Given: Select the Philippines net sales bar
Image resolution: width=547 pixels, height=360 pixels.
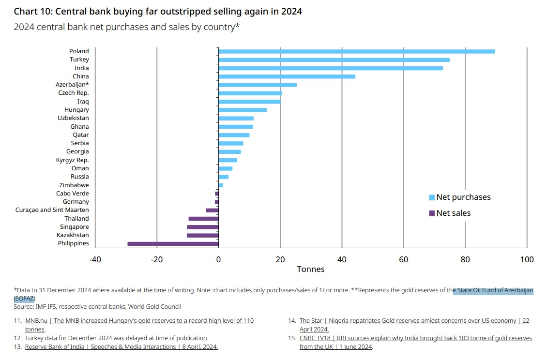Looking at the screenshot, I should pyautogui.click(x=173, y=243).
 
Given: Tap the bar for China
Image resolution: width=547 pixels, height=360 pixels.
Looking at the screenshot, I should pyautogui.click(x=287, y=76).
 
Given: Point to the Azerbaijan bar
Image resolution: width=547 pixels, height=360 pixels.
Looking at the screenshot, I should pyautogui.click(x=258, y=85).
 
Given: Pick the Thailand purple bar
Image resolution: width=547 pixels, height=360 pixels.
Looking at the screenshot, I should pyautogui.click(x=204, y=219).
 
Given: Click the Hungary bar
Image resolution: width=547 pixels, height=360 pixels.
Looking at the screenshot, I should pyautogui.click(x=243, y=110).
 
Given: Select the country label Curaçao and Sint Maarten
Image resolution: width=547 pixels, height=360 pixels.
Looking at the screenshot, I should pyautogui.click(x=52, y=210).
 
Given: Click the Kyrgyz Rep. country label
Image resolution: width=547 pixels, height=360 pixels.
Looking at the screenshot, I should pyautogui.click(x=73, y=160).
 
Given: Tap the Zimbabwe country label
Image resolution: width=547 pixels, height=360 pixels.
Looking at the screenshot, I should pyautogui.click(x=74, y=185).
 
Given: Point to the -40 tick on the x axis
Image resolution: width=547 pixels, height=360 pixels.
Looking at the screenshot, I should pyautogui.click(x=95, y=260).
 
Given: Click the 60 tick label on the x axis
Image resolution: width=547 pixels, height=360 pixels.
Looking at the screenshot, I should pyautogui.click(x=403, y=260).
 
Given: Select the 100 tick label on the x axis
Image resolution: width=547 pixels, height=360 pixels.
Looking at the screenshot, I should pyautogui.click(x=527, y=260).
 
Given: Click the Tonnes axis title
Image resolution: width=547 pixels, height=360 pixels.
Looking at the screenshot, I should pyautogui.click(x=311, y=270).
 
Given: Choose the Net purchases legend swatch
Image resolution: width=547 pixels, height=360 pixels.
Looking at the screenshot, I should pyautogui.click(x=431, y=197).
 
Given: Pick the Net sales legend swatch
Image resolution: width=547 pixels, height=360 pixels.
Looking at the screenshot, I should pyautogui.click(x=431, y=213).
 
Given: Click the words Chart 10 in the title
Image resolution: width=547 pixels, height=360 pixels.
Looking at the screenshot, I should pyautogui.click(x=31, y=11).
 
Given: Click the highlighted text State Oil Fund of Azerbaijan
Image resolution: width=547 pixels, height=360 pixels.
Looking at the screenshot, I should pyautogui.click(x=493, y=291).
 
